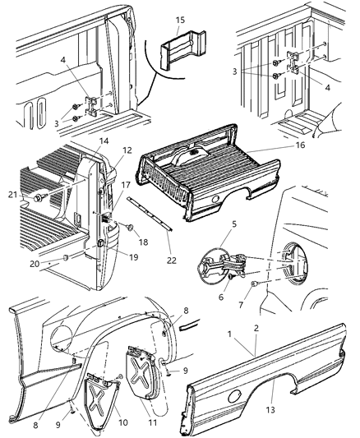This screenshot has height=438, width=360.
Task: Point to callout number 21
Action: coord(12,194)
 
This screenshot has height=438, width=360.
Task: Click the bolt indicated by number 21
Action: coord(39,200)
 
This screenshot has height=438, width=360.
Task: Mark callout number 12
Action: coord(127,150)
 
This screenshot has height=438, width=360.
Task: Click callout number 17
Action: coord(126,186)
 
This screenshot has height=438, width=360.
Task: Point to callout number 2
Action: coord(259,328)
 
